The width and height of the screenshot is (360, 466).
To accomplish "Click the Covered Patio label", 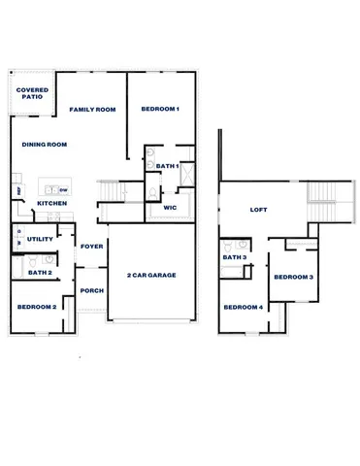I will pyautogui.click(x=33, y=94).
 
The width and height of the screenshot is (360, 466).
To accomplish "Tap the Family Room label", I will pyautogui.click(x=92, y=110).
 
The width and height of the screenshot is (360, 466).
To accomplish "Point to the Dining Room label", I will pyautogui.click(x=44, y=144).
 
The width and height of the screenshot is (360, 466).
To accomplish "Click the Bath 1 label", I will pyautogui.click(x=168, y=166).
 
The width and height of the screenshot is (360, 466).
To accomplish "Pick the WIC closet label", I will pyautogui.click(x=169, y=207).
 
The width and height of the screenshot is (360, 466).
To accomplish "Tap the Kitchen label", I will pyautogui.click(x=50, y=203).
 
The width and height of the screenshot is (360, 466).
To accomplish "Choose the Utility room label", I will pyautogui.click(x=40, y=239).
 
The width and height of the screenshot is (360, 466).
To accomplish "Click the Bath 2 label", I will pyautogui.click(x=40, y=273).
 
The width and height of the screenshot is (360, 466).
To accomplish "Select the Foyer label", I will pyautogui.click(x=92, y=247).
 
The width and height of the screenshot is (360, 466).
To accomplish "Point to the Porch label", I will pyautogui.click(x=92, y=291).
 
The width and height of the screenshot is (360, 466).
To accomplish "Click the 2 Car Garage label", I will pyautogui.click(x=151, y=276).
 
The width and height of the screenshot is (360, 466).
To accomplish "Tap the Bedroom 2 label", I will pyautogui.click(x=37, y=307).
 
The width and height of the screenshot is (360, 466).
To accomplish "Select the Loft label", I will pyautogui.click(x=258, y=210).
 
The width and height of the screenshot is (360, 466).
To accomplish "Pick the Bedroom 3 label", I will pyautogui.click(x=293, y=278).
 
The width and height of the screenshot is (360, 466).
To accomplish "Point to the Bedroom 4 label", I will pyautogui.click(x=243, y=308).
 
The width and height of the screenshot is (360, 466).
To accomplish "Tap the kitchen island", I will pyautogui.click(x=54, y=188).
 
